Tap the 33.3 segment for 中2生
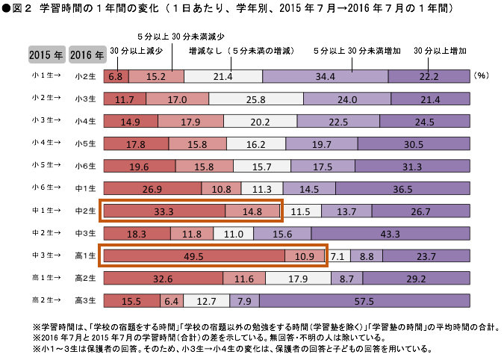[164, 211]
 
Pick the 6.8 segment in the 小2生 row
[115, 76]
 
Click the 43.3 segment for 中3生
[391, 234]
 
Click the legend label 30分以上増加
[444, 50]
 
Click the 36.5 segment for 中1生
[413, 189]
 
